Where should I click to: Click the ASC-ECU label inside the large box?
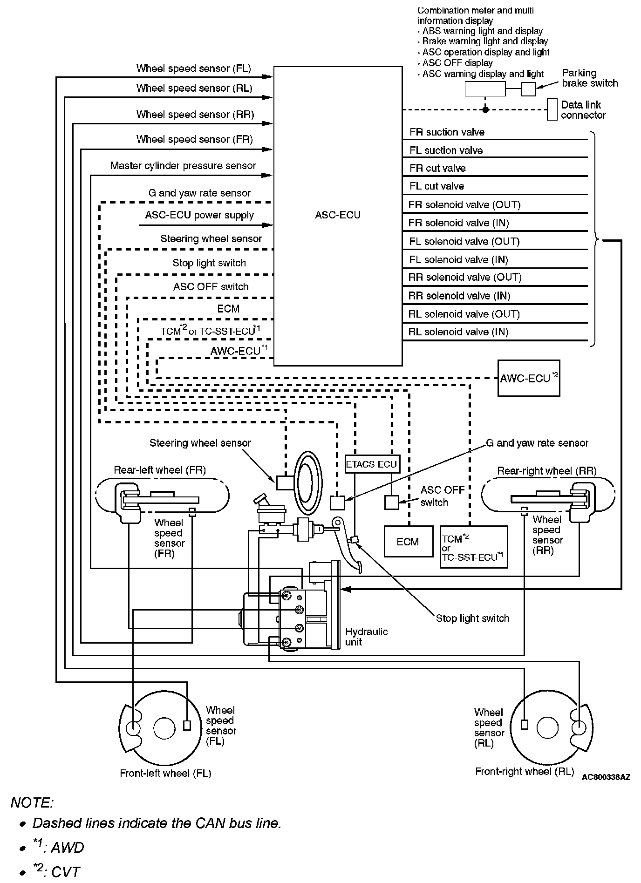337,215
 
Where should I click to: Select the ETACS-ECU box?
371,464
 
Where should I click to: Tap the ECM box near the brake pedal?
408,542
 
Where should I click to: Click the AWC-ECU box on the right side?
528,378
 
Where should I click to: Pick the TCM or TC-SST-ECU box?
473,547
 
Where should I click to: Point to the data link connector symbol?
552,109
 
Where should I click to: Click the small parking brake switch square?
528,88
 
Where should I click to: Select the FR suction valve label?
447,132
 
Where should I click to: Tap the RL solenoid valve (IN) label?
458,332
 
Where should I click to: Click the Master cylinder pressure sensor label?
183,166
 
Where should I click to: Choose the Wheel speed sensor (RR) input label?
195,115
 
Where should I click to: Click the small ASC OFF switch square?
391,503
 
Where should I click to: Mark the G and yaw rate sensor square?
337,503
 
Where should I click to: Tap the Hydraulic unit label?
366,637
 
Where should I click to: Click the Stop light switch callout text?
472,618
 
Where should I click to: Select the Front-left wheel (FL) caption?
165,774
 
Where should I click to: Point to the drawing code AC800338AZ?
606,777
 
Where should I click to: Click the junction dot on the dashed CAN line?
485,110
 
